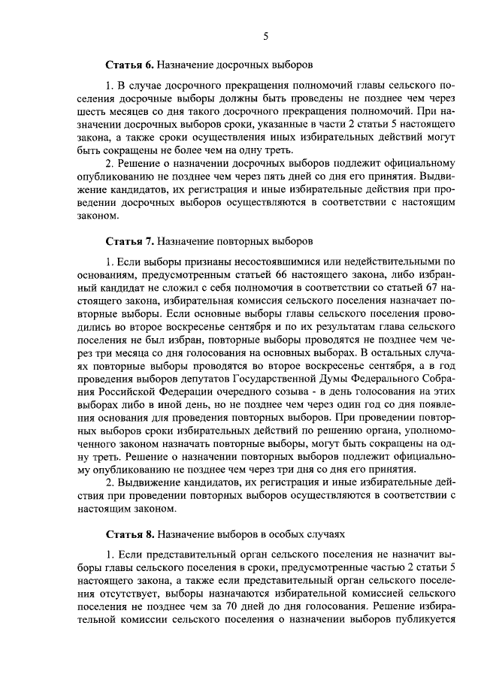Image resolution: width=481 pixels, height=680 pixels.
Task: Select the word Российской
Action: pos(109,391)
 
